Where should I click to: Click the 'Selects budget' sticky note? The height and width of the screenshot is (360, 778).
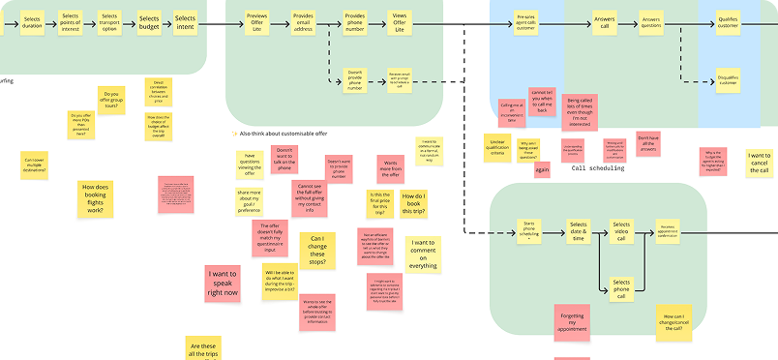click(x=149, y=22)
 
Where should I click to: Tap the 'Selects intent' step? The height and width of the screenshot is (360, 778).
click(x=186, y=22)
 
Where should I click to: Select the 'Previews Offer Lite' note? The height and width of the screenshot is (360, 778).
click(x=256, y=23)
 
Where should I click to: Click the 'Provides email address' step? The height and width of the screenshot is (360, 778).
click(x=304, y=23)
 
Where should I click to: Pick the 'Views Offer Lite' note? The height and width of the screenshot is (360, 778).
click(x=398, y=23)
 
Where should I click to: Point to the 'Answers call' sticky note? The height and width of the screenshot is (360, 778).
click(x=604, y=22)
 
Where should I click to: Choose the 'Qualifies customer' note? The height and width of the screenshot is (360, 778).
click(x=728, y=22)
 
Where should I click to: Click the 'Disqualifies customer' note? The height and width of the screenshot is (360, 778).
click(x=729, y=81)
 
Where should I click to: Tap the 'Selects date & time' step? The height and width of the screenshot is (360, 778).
click(x=579, y=232)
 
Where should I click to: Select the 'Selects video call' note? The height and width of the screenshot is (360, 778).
click(x=621, y=231)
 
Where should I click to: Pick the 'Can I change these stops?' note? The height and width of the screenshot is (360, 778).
click(x=317, y=250)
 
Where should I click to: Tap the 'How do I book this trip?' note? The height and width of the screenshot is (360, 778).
click(x=413, y=203)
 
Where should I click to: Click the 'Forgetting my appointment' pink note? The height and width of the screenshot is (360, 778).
click(x=573, y=322)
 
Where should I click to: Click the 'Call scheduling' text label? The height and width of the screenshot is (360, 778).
click(x=598, y=168)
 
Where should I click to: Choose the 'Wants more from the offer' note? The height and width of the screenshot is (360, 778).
click(x=390, y=169)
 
